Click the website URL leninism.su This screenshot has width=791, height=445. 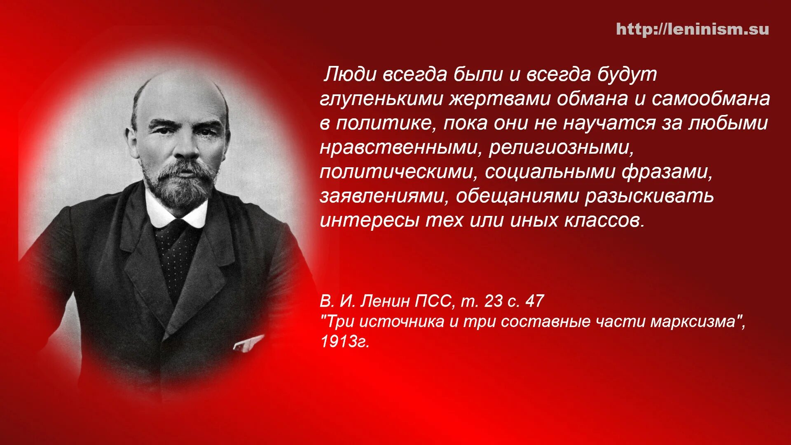(692, 29)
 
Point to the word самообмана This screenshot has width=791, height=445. (711, 99)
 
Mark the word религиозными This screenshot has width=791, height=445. (560, 148)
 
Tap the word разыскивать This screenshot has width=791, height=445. (649, 197)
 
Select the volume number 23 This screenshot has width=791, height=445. (494, 301)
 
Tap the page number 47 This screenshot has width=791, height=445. (534, 301)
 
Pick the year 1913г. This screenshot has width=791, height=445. (345, 341)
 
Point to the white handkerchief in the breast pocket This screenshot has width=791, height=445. (248, 343)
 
